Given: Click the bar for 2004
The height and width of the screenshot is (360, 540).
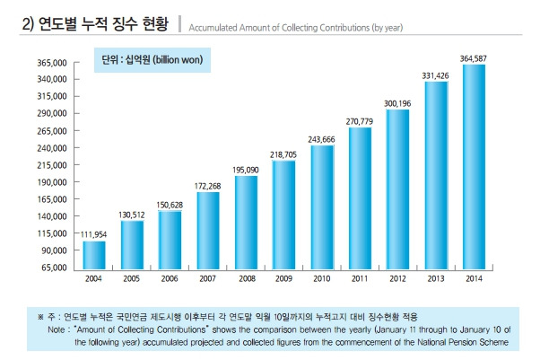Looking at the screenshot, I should (93, 254).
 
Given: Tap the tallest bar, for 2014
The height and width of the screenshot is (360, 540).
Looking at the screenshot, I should (473, 166).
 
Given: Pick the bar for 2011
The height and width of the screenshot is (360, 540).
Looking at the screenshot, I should (360, 197).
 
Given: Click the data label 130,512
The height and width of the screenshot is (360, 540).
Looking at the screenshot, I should (132, 214).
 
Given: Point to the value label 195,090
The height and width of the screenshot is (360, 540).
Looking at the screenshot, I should (246, 169).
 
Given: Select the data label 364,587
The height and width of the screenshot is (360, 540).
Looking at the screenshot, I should (473, 57).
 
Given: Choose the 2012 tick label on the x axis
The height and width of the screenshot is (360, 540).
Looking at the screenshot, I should (397, 277).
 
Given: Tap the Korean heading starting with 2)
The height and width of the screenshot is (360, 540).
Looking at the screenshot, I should (98, 25).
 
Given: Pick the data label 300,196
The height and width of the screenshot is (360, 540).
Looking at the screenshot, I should (397, 103).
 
